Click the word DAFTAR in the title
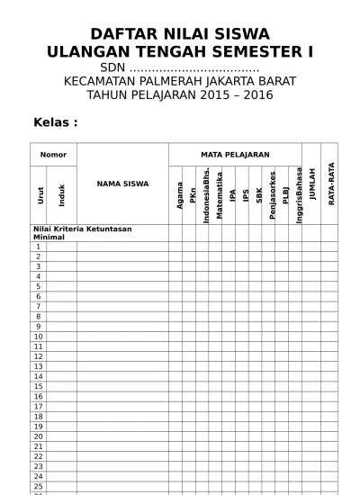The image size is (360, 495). click(x=121, y=34)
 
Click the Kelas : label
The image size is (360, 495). click(x=55, y=121)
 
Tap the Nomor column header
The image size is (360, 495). click(x=53, y=155)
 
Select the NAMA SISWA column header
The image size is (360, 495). click(x=122, y=184)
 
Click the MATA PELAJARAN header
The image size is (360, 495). click(x=234, y=155)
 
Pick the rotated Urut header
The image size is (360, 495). click(x=40, y=194)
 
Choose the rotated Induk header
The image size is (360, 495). click(x=62, y=194)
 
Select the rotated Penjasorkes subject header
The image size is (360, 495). click(x=272, y=194)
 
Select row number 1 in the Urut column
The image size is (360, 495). click(x=38, y=247)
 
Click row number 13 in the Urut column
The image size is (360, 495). click(x=38, y=366)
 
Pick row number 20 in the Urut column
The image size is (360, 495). click(x=38, y=436)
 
